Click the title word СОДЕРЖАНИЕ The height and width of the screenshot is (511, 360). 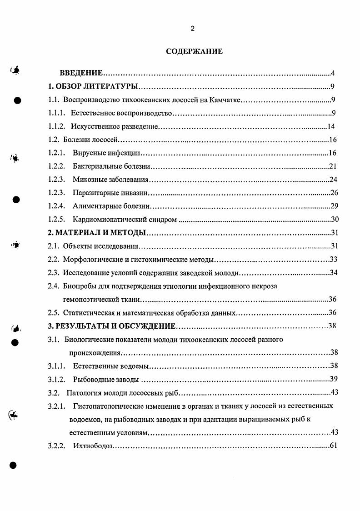click(194, 51)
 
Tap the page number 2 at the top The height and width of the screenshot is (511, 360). click(192, 28)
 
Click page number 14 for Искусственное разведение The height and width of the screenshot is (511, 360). click(331, 126)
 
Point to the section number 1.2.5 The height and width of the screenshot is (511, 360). click(56, 220)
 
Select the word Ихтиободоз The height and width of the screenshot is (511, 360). click(92, 445)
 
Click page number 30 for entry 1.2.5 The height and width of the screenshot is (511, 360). click(335, 220)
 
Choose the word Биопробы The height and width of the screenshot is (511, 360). click(79, 286)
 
